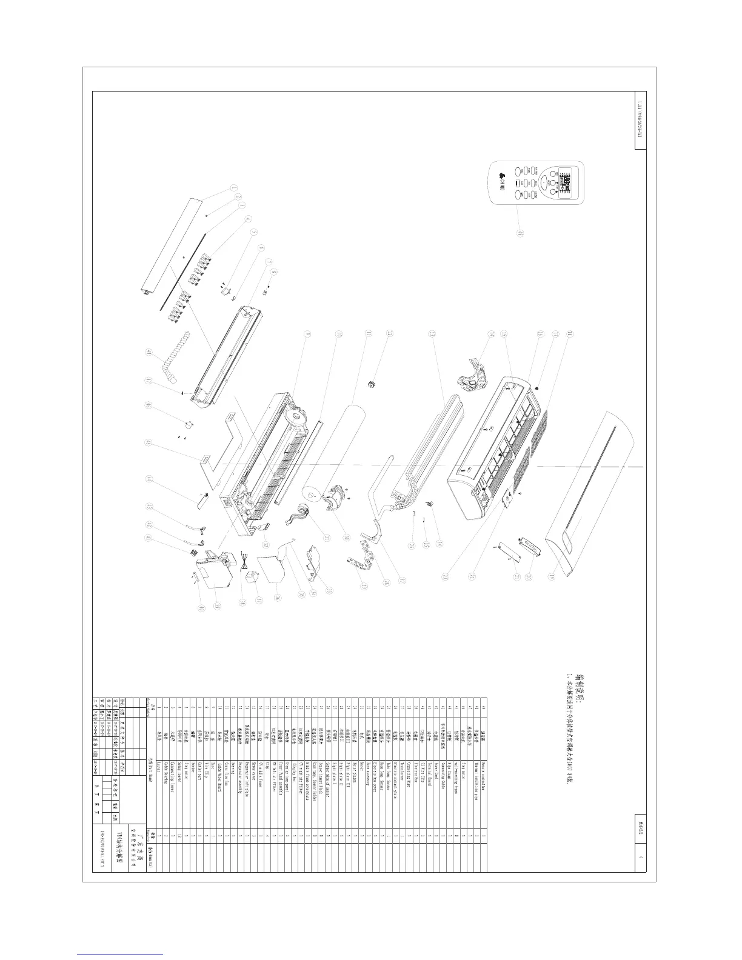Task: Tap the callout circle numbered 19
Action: pos(569,576)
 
